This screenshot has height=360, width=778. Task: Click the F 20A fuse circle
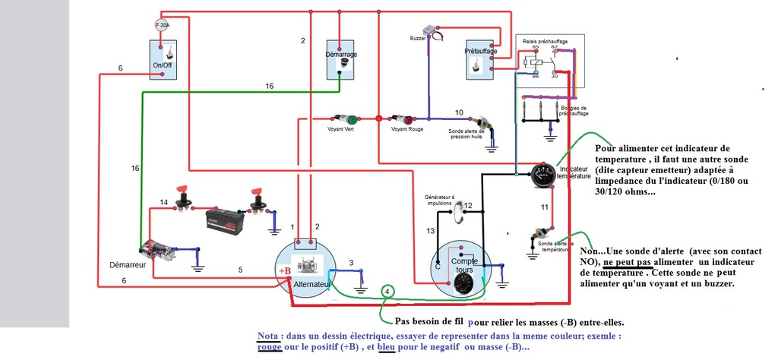(x=162, y=24)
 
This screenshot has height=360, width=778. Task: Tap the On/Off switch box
(x=163, y=59)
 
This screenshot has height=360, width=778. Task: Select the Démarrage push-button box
(x=340, y=59)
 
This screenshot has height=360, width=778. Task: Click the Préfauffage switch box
(x=479, y=59)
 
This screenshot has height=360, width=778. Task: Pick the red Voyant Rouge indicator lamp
(x=407, y=120)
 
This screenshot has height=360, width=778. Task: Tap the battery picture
(x=225, y=221)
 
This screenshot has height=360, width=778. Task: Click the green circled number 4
(x=387, y=292)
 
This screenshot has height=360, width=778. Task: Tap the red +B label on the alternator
(x=283, y=271)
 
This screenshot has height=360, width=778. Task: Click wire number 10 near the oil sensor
(x=459, y=112)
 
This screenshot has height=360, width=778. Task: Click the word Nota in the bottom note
(x=267, y=336)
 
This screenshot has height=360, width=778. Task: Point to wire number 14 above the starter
(x=164, y=202)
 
